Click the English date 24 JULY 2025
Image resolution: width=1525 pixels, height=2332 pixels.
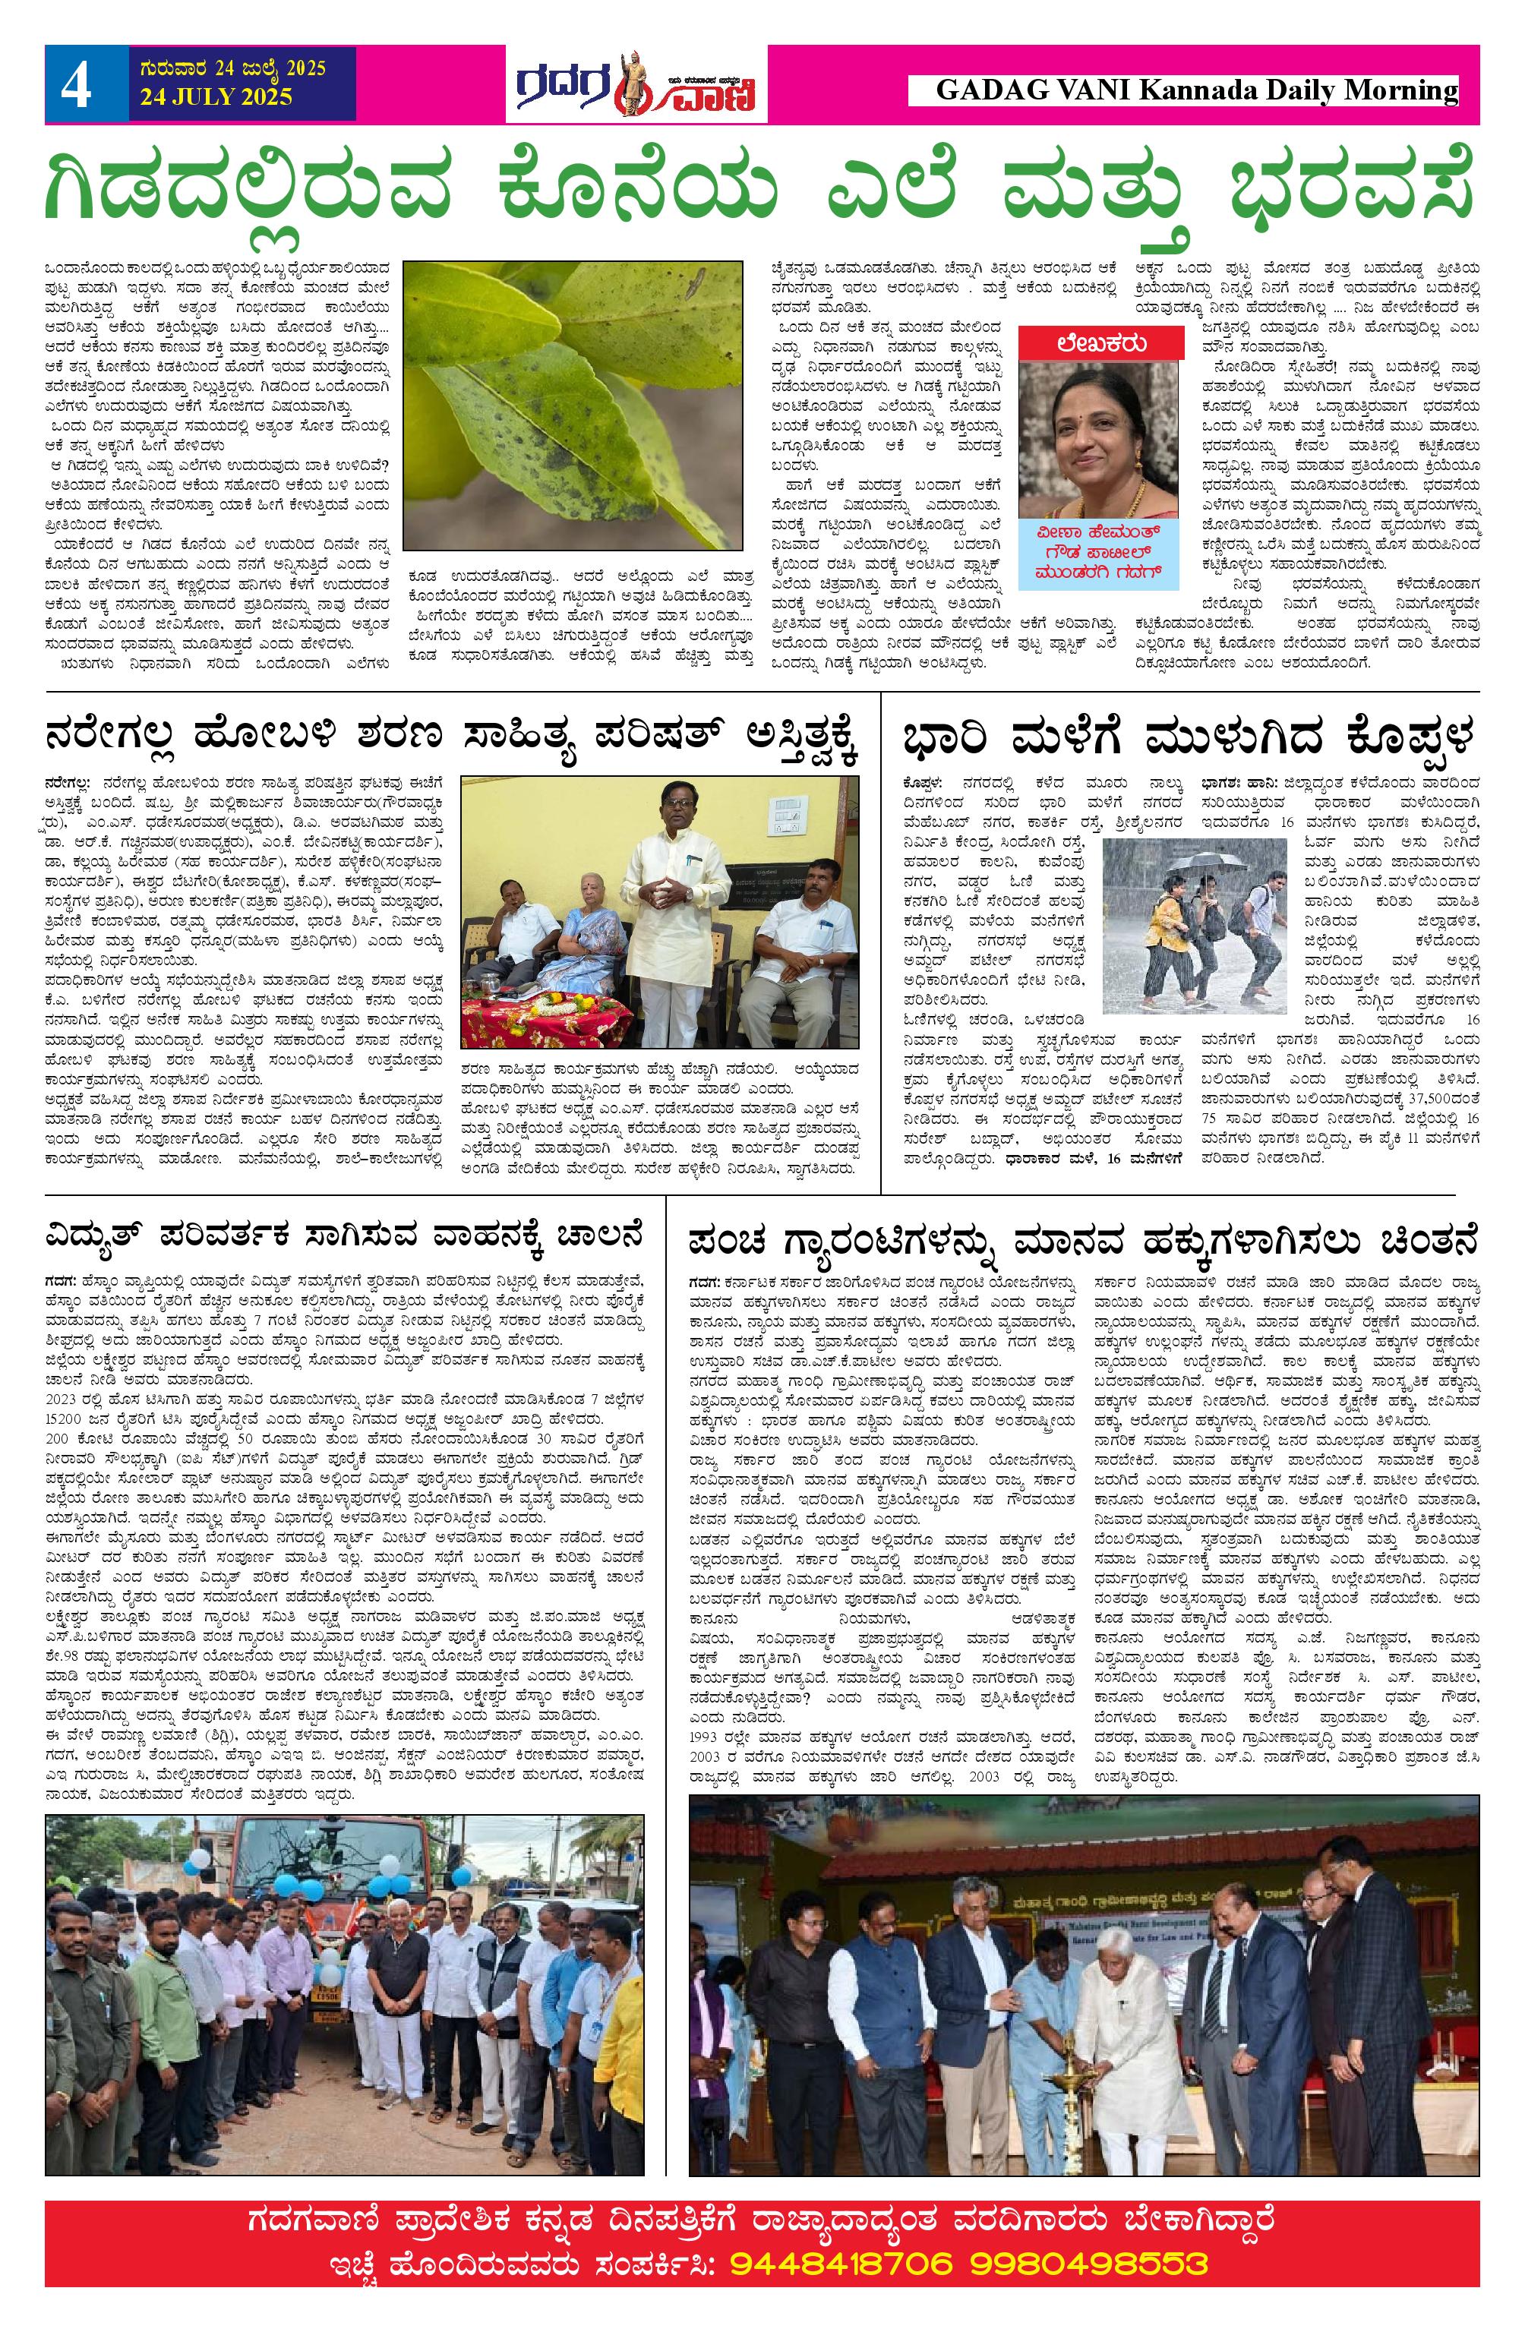coord(216,97)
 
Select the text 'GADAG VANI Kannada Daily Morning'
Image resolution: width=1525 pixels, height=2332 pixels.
coord(1195,91)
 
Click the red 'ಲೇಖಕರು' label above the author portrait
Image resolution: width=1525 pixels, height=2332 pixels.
coord(1102,344)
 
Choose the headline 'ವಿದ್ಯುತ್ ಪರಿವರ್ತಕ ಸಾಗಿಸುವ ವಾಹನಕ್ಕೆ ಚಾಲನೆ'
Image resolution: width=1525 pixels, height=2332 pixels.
coord(343,1236)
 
